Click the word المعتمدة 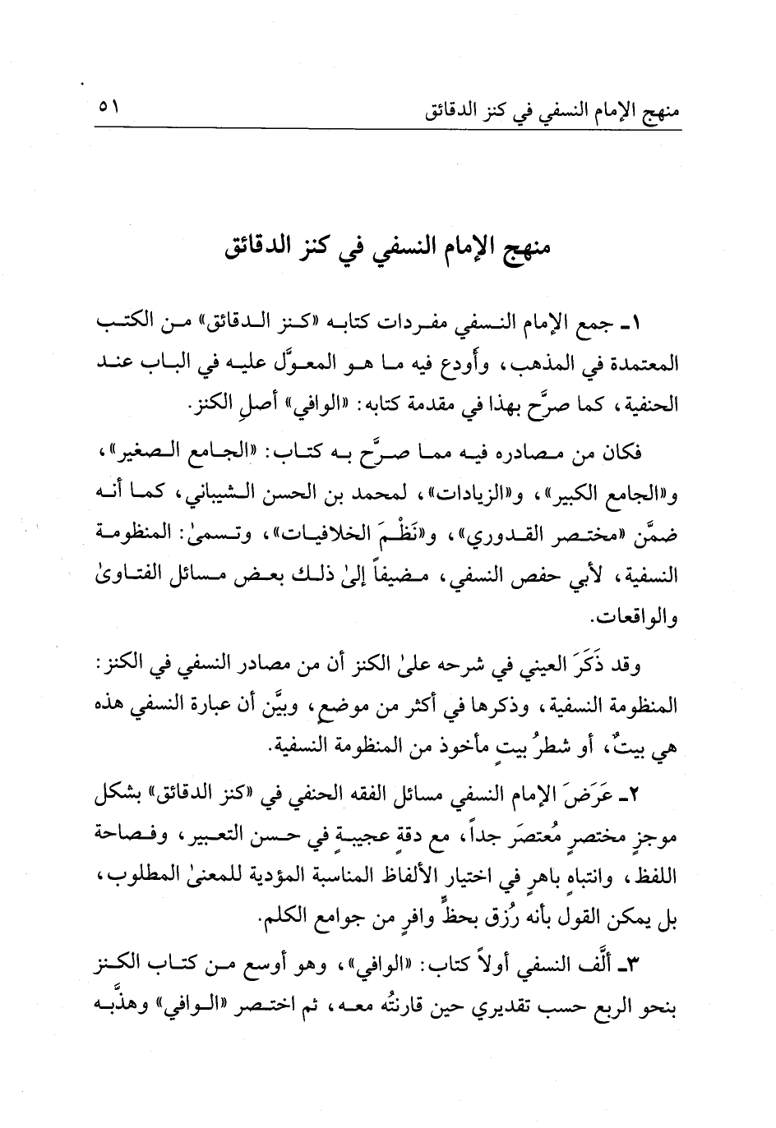tap(641, 361)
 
